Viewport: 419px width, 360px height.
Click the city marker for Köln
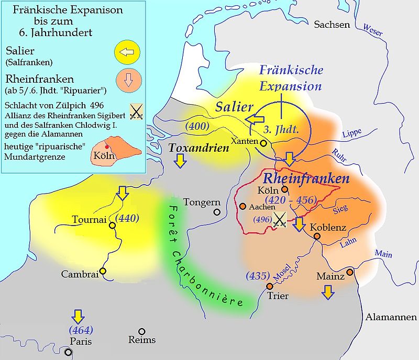click(284, 190)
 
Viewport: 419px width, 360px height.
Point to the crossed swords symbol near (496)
click(280, 220)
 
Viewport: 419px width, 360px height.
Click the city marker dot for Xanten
click(264, 143)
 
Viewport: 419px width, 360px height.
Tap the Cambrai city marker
click(103, 271)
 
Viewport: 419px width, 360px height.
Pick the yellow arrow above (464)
click(78, 316)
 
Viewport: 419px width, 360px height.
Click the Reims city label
click(142, 340)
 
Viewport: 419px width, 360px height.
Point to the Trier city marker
click(270, 286)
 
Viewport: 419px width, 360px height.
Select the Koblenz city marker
click(317, 237)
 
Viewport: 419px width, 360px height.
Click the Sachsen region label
click(331, 25)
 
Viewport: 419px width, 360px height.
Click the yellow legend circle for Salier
click(127, 52)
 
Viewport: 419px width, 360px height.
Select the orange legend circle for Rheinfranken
click(127, 83)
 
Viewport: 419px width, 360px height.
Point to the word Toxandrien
click(199, 148)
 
